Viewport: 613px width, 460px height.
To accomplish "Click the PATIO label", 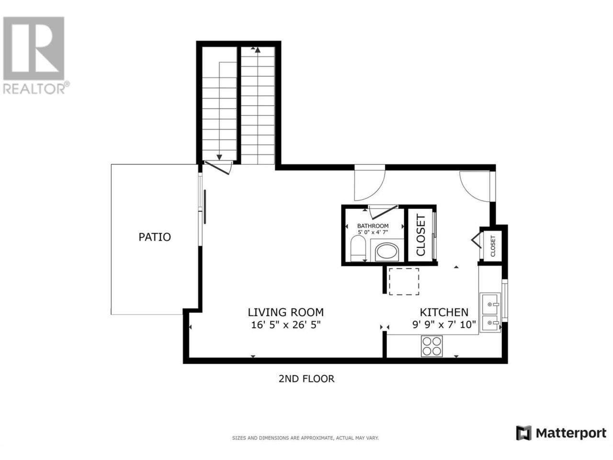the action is click(154, 237).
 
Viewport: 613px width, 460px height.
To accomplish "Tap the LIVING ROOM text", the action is click(286, 312).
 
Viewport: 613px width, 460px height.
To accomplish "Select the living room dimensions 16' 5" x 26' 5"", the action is click(286, 325).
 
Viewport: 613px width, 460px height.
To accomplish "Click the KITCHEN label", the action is click(444, 312).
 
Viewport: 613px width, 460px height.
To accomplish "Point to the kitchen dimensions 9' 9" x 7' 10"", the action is click(444, 324).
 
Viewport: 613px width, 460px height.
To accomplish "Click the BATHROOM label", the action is click(373, 226).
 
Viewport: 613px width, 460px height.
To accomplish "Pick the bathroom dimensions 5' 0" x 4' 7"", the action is click(373, 232).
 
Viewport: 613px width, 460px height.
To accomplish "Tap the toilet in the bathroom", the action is click(358, 248).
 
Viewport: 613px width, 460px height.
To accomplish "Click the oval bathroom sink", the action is click(387, 252).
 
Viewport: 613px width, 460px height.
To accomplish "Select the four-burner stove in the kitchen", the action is click(431, 346).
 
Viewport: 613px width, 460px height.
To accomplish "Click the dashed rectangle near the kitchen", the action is click(404, 282).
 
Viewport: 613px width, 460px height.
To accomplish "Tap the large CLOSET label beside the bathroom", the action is click(420, 235).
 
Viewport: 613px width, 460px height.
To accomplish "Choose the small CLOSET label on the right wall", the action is click(493, 246).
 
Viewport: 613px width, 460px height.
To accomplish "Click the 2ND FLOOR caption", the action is click(306, 379).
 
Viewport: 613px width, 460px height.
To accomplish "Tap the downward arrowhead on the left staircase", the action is click(219, 158).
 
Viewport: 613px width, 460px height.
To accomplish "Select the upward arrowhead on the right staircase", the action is click(258, 50).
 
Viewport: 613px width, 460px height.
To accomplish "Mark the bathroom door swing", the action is click(383, 212).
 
